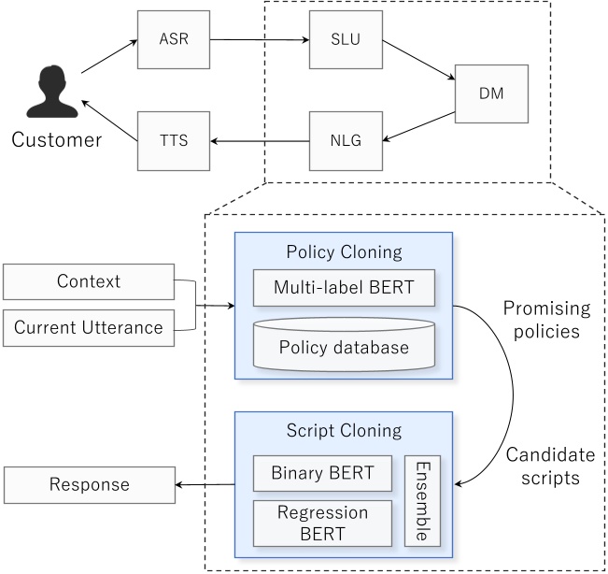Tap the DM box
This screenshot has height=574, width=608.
(491, 93)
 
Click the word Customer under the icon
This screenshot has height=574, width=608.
(56, 141)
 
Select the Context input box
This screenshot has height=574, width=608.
(89, 281)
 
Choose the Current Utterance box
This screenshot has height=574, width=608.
(89, 327)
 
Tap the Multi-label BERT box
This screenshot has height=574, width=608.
(345, 288)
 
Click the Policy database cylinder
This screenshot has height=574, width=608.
(345, 344)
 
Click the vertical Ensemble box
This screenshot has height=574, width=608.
(422, 499)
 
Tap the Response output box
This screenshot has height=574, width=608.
(89, 484)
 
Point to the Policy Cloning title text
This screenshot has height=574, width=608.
(344, 252)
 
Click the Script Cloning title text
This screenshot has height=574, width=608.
(344, 432)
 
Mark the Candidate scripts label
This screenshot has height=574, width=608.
(549, 466)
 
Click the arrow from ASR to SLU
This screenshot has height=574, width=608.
(259, 40)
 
